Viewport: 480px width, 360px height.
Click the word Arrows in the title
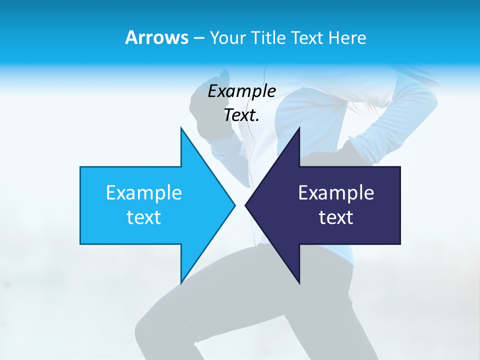coord(156,37)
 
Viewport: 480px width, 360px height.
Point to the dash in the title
coord(199,38)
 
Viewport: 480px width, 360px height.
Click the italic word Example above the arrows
coord(241,91)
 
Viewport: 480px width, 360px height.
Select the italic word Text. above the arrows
coord(241,115)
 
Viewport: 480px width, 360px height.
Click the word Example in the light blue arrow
coord(144,192)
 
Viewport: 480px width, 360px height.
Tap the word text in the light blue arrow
coord(144,217)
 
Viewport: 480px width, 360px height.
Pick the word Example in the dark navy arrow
coord(336,192)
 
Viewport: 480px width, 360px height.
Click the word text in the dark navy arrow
coord(336,217)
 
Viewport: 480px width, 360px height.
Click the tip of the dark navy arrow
coord(246,205)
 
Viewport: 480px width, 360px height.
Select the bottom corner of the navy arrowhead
coord(299,282)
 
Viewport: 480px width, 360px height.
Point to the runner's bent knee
coord(150,320)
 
